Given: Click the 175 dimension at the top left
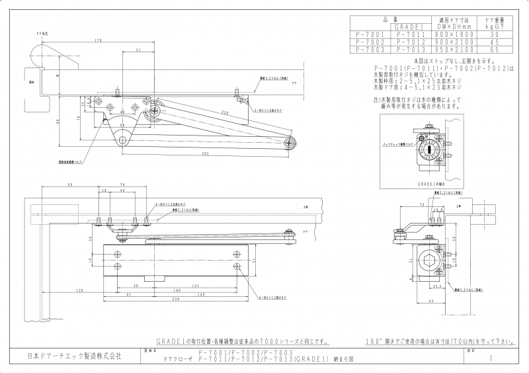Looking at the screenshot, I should click(x=98, y=40).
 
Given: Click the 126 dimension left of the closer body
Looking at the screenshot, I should click(x=79, y=290).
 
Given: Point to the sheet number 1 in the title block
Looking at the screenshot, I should click(x=490, y=358).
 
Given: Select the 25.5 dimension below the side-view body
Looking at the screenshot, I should click(x=434, y=288).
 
